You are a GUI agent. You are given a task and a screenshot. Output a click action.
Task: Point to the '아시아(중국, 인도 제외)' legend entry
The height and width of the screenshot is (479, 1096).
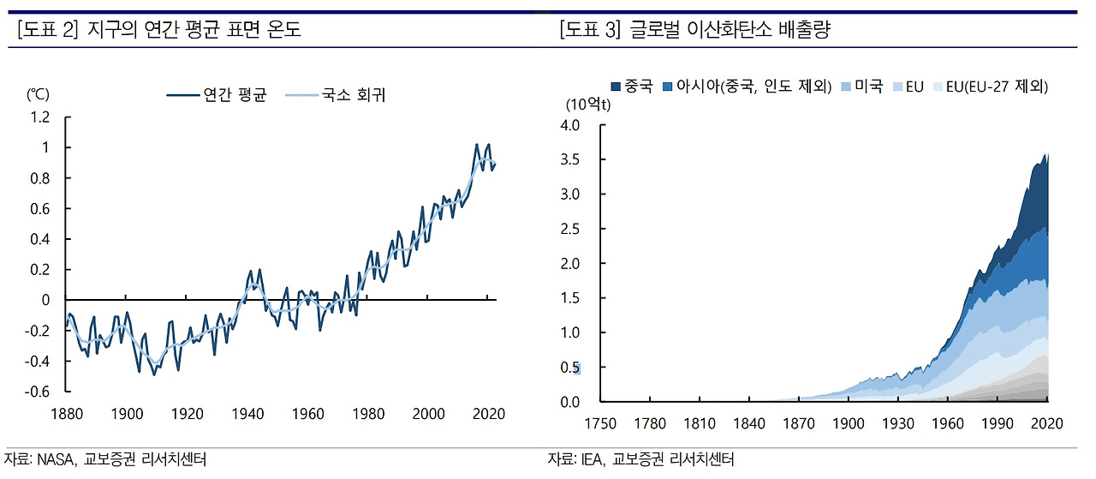754,87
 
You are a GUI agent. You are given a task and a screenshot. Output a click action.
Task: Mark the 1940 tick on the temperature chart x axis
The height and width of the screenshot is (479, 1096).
247,414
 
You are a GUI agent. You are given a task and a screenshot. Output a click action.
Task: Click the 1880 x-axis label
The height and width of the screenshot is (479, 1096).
67,414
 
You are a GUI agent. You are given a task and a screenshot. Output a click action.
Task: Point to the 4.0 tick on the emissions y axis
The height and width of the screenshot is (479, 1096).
569,125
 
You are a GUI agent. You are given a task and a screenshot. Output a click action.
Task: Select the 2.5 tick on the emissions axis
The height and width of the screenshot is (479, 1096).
569,229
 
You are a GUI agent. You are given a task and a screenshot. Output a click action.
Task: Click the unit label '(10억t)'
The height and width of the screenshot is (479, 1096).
587,105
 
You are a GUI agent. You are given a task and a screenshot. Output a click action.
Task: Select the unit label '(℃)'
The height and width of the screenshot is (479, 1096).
39,96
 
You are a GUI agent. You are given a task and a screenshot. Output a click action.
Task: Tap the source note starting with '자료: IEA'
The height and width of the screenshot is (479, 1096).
641,460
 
